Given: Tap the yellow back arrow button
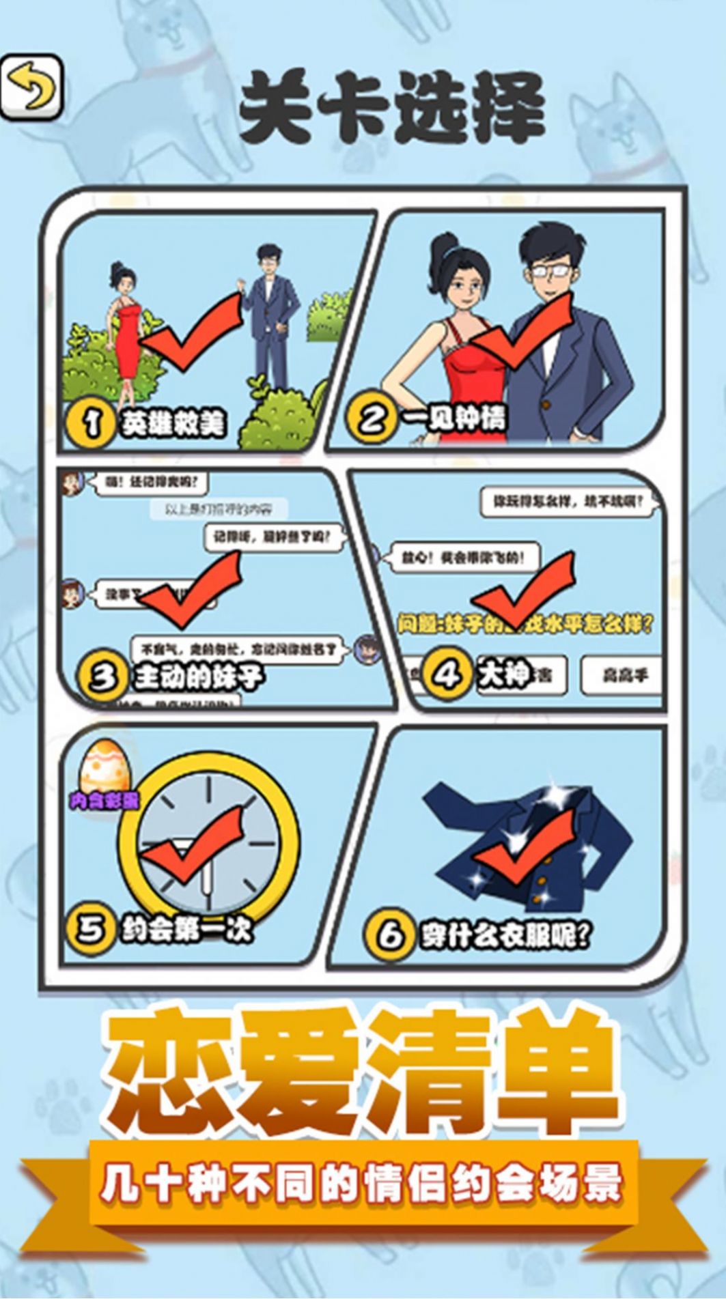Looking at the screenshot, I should point(31,88).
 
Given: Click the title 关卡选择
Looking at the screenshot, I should point(391,109).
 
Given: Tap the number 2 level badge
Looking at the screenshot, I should point(372,416).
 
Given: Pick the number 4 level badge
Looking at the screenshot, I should point(447,674).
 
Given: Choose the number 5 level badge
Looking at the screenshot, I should point(90,928).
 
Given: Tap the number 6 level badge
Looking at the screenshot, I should point(390,934).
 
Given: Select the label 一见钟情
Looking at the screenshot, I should point(454,417).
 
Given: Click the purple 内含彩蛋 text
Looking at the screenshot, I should point(104,800).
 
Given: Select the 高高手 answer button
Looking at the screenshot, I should point(622,675).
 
